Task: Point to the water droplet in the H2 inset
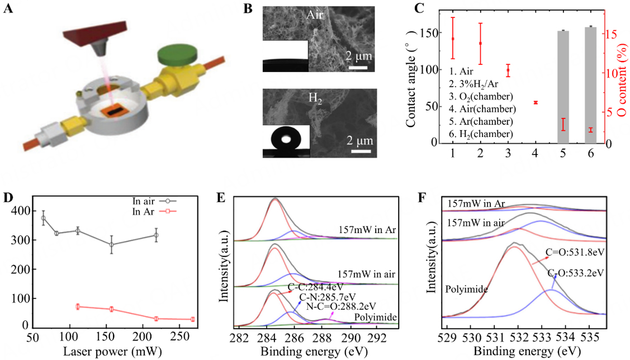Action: coord(286,138)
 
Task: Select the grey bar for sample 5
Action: coord(563,87)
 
